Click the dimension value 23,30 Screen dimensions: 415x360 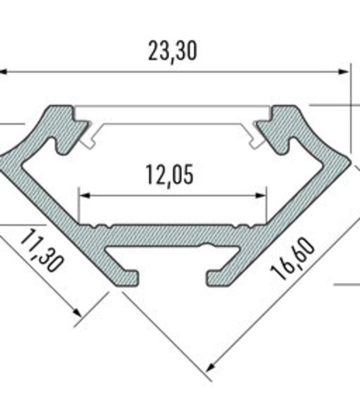172,51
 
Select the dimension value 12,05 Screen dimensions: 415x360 170,175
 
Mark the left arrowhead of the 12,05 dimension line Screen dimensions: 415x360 83,195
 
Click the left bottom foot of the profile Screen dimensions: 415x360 125,278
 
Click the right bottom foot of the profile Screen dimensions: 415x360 222,278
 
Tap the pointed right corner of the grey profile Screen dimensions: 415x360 347,162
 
